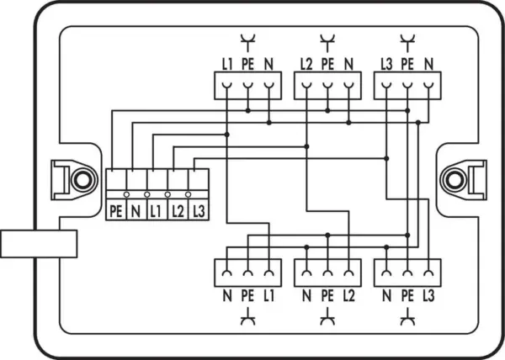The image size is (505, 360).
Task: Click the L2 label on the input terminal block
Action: tap(178, 212)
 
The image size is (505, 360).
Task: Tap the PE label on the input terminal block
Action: tap(116, 212)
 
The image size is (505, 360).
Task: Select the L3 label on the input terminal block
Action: tap(199, 212)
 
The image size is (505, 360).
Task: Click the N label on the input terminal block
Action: tap(136, 212)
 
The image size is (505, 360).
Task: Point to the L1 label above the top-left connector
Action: tap(227, 65)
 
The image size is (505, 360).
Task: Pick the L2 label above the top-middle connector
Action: tap(306, 65)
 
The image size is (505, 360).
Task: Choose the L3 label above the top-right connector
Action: tap(386, 65)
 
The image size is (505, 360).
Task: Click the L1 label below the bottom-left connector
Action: tap(268, 296)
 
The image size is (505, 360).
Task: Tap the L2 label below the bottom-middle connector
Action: tap(348, 296)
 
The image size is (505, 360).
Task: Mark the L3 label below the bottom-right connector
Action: tap(428, 296)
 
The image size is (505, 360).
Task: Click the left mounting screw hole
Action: tap(83, 180)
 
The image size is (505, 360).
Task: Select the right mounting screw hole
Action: tap(454, 180)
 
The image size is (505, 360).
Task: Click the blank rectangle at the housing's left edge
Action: tap(39, 244)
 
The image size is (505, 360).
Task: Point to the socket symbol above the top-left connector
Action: tap(248, 42)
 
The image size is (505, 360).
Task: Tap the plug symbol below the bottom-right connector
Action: tap(407, 317)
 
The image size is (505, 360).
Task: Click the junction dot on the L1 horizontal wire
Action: tap(227, 135)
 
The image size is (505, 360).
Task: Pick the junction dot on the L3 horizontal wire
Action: tap(386, 159)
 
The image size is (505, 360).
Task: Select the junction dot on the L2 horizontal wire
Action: tap(306, 146)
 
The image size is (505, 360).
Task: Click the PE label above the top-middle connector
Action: tap(327, 65)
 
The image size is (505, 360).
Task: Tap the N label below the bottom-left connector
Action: tap(227, 296)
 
